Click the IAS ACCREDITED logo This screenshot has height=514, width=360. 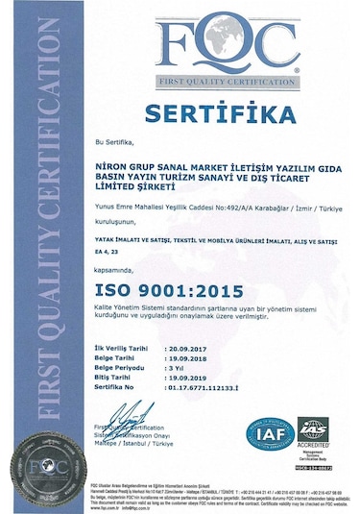313,435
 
